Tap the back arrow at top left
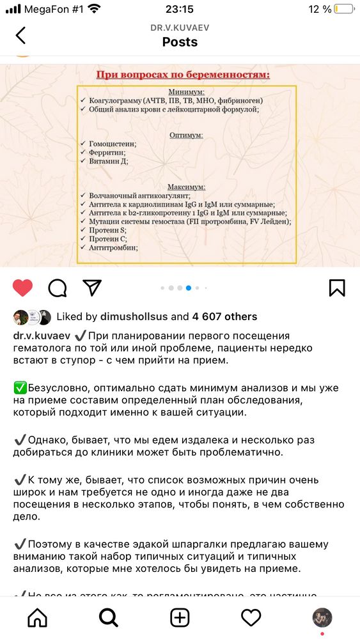(21, 35)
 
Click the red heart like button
(22, 288)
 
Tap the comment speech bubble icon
(58, 288)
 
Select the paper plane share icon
(92, 288)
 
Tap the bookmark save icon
(337, 288)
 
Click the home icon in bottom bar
(38, 617)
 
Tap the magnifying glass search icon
(109, 617)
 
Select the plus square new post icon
(180, 617)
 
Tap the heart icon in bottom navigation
(251, 617)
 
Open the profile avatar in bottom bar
(322, 617)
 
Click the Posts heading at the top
(180, 42)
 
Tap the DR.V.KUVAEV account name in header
(180, 27)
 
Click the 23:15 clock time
(180, 9)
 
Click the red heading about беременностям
(183, 75)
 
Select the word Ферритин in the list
(107, 153)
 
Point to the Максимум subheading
(186, 187)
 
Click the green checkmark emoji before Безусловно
(19, 389)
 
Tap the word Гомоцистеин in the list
(113, 144)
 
